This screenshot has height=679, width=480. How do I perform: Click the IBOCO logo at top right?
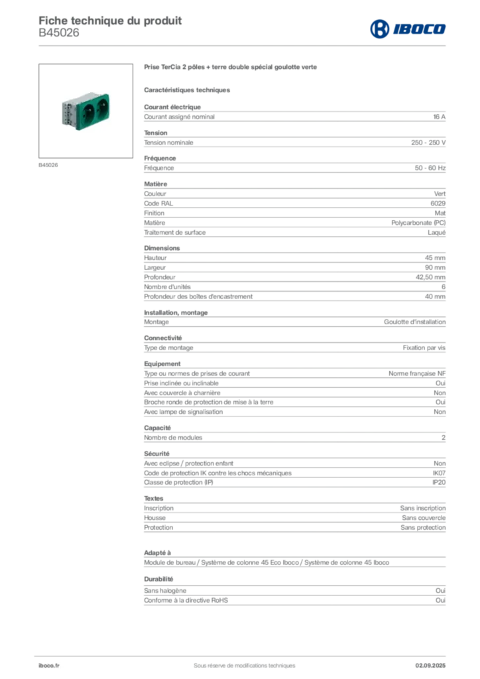[x=408, y=29]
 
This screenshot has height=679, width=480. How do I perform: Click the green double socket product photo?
[x=86, y=111]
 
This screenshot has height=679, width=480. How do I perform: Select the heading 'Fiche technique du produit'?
[x=110, y=21]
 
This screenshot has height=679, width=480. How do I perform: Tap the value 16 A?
[x=439, y=117]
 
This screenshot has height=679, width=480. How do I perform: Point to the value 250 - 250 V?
[x=428, y=143]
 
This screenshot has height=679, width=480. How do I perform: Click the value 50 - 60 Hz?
[x=430, y=168]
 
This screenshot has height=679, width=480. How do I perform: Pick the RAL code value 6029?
[x=438, y=203]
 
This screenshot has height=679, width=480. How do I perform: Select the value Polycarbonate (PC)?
[x=418, y=223]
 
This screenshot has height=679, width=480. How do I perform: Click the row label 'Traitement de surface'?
[x=175, y=233]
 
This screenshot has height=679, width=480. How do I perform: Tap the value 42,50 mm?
[x=430, y=277]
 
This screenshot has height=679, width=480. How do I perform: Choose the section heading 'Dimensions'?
[x=162, y=248]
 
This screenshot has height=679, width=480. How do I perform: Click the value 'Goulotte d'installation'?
[x=414, y=322]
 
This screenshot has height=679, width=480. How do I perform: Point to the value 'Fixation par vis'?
[x=424, y=347]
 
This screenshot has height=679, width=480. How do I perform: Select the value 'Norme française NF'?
[x=417, y=373]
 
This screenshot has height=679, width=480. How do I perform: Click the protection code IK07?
[x=439, y=473]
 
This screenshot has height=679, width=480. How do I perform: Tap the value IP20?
[x=439, y=483]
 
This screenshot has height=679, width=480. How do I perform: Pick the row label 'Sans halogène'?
[x=165, y=591]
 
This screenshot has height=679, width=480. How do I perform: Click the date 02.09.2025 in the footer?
[x=430, y=666]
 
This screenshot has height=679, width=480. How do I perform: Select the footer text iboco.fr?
[x=49, y=666]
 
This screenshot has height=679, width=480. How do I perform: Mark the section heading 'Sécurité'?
[x=156, y=454]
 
